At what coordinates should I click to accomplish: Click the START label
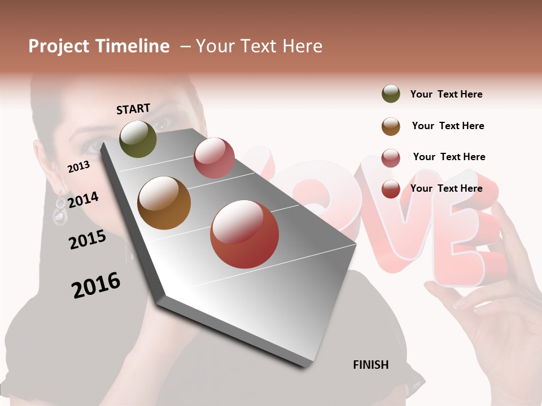click(133, 109)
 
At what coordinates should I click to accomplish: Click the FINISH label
click(371, 365)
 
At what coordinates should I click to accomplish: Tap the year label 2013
click(78, 166)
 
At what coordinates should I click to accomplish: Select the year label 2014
click(83, 200)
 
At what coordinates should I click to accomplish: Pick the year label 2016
click(96, 285)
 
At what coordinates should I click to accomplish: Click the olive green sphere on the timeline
click(138, 139)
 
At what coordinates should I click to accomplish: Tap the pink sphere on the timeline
click(214, 158)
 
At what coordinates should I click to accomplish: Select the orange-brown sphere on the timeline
click(164, 203)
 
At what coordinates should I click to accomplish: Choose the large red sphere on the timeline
click(244, 234)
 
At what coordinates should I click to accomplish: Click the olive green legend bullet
click(391, 94)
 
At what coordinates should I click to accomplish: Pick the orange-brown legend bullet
click(391, 126)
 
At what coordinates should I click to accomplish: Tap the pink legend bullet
click(391, 158)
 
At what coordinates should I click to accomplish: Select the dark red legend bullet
click(391, 189)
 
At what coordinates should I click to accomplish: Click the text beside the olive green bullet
click(447, 94)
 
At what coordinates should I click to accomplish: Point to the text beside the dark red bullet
click(447, 188)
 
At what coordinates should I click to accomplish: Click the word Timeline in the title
click(133, 46)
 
